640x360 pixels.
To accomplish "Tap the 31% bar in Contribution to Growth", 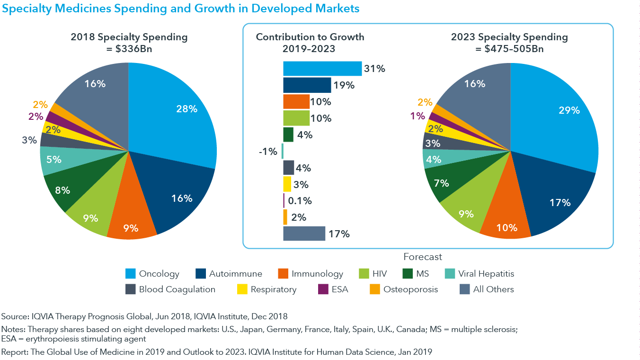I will point(322,69).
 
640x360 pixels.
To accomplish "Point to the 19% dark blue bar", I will point(307,85).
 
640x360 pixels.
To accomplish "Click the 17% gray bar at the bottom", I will point(304,234).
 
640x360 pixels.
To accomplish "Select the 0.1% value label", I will point(300,201).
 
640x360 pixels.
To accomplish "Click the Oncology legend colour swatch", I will point(131,274).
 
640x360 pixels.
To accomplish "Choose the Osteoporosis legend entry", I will point(410,289).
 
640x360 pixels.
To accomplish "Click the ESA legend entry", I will point(340,289).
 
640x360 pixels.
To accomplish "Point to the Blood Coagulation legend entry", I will point(177,289).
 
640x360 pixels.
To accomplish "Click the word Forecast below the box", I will point(423,257).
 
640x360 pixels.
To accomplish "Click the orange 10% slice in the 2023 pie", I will point(505,223).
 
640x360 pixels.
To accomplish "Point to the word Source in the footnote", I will point(14,316).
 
